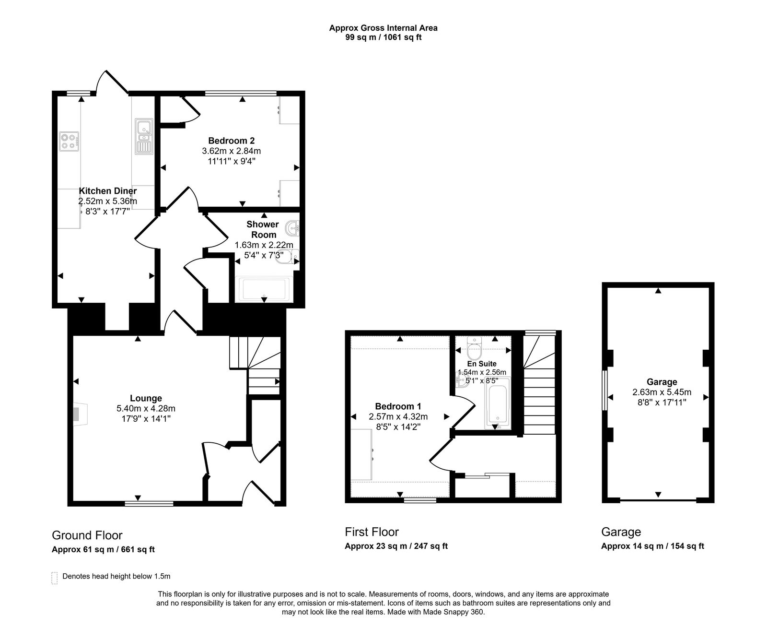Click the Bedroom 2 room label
[231, 141]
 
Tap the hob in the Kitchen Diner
[69, 141]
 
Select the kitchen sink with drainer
[144, 137]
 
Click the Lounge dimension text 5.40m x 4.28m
[146, 409]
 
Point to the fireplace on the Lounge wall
[79, 414]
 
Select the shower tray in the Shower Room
[264, 289]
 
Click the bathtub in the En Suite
[499, 403]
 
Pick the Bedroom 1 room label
[398, 406]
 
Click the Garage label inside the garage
[662, 382]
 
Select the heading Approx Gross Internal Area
[383, 28]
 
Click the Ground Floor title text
[87, 535]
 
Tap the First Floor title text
[372, 532]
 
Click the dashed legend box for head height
[54, 578]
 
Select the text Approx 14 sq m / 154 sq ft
[652, 546]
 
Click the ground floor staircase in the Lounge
[255, 365]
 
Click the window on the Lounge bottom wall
[149, 503]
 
